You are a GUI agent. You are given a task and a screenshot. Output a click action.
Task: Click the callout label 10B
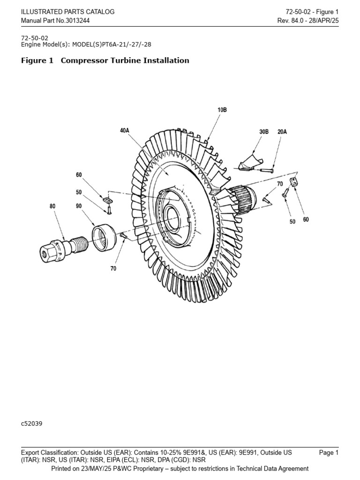point(222,110)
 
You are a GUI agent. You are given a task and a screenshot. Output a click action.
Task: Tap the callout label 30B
point(263,132)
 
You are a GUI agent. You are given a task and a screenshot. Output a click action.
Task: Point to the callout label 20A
point(282,132)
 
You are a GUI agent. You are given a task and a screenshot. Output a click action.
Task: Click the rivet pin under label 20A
point(268,171)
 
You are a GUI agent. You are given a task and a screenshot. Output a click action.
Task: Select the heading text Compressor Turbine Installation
point(125,60)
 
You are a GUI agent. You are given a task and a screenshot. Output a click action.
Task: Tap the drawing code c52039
point(32,423)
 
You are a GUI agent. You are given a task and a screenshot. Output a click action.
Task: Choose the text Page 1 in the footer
point(329,453)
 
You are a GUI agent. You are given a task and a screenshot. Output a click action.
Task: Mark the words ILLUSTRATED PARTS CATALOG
point(67,12)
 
